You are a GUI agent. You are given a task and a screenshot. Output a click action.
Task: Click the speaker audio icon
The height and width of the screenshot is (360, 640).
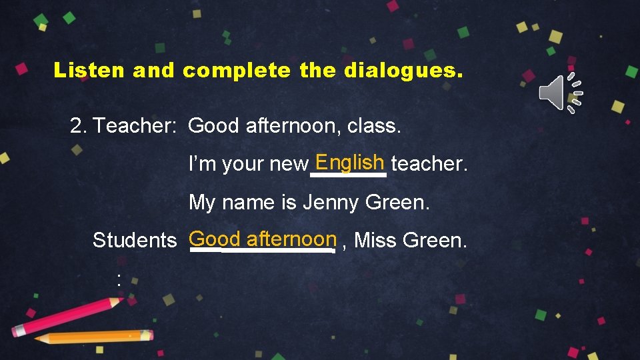(561, 93)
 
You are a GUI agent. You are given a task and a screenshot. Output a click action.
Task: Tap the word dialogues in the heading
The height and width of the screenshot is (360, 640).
(403, 70)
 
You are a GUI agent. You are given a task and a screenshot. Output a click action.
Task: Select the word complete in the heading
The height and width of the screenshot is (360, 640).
(237, 70)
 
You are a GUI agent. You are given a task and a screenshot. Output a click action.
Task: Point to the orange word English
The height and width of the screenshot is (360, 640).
(350, 162)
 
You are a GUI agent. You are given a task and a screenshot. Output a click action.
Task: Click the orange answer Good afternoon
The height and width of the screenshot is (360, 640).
(263, 239)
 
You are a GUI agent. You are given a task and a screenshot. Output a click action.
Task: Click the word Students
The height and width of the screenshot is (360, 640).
(135, 240)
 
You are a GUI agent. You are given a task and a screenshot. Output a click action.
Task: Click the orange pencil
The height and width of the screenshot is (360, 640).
(93, 337)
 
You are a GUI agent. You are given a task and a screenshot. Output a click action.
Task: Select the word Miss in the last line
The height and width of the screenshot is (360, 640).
(375, 240)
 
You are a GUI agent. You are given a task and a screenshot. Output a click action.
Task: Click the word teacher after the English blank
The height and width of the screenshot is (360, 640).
(429, 163)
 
